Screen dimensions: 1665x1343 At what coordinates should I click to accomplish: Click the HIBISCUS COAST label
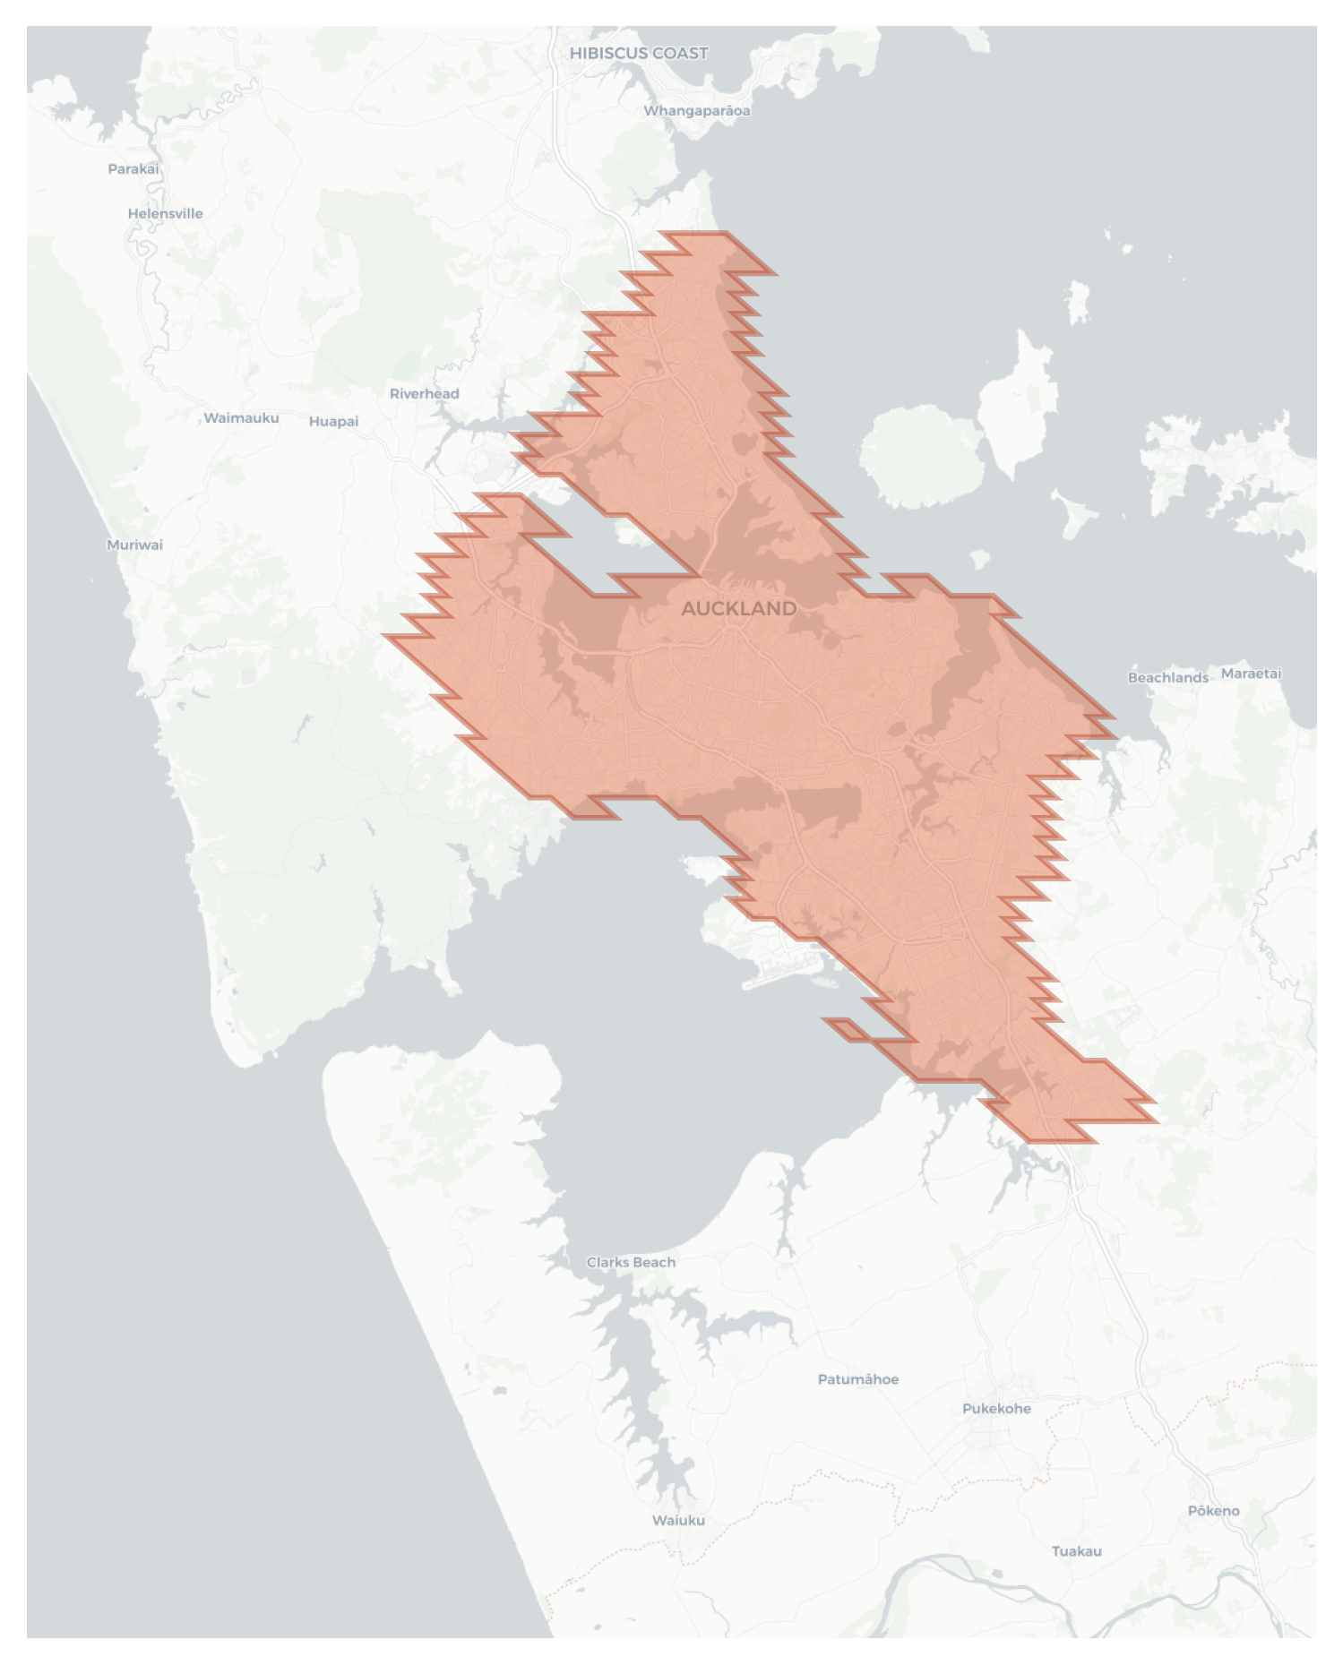coord(639,54)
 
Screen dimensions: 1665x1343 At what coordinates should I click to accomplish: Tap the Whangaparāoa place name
coord(696,111)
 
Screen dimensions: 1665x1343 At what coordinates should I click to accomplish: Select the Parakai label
coord(133,169)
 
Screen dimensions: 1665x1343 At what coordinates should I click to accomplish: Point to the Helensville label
coord(165,214)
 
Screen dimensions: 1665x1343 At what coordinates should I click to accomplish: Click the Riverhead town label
coord(424,394)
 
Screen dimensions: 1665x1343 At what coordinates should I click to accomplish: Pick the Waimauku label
coord(241,418)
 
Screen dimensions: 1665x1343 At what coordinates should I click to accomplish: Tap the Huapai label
coord(333,422)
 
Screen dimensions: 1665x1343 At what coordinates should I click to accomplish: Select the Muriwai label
coord(134,545)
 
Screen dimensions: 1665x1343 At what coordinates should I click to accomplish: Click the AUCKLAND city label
coord(738,609)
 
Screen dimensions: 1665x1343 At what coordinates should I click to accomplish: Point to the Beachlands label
coord(1167,678)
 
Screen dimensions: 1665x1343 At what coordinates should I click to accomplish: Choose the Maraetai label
coord(1251,674)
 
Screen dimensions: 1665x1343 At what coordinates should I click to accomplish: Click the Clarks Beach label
coord(631,1263)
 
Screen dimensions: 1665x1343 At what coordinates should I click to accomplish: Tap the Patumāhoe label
coord(857,1379)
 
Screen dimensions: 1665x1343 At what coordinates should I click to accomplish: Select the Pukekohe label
coord(996,1409)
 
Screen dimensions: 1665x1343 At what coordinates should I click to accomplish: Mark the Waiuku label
coord(678,1521)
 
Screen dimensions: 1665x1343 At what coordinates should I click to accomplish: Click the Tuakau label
coord(1076,1551)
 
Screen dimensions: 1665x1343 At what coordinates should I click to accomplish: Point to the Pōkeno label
coord(1213,1511)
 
